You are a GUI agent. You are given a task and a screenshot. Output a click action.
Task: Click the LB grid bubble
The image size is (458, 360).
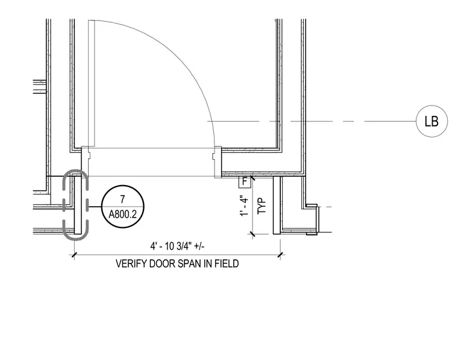pos(431,121)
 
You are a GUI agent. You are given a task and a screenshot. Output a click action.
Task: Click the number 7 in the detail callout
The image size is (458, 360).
pos(123,199)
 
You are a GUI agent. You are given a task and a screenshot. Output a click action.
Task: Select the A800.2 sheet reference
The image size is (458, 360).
pos(123,215)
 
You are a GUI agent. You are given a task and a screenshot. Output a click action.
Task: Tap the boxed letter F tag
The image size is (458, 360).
pos(245,182)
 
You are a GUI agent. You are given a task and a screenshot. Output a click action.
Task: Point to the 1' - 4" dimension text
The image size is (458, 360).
pos(245,206)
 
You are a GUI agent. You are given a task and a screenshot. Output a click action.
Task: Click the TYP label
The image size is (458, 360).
pos(262,206)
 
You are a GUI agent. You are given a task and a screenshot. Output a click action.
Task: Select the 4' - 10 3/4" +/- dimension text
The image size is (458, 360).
pos(177,246)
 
